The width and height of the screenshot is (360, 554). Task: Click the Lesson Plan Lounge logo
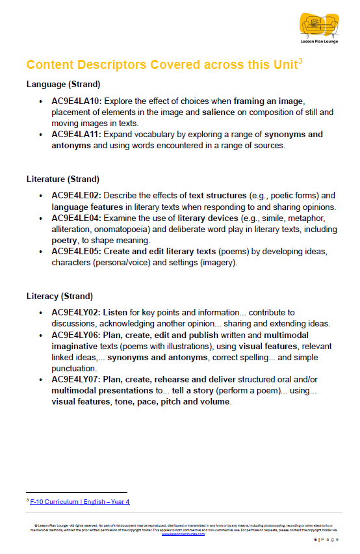pyautogui.click(x=319, y=28)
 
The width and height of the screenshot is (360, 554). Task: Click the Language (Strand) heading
pyautogui.click(x=63, y=85)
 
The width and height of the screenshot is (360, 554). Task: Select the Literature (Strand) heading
pyautogui.click(x=64, y=179)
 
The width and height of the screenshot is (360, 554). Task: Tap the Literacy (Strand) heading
pyautogui.click(x=60, y=297)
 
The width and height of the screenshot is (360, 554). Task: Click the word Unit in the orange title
pyautogui.click(x=281, y=65)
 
